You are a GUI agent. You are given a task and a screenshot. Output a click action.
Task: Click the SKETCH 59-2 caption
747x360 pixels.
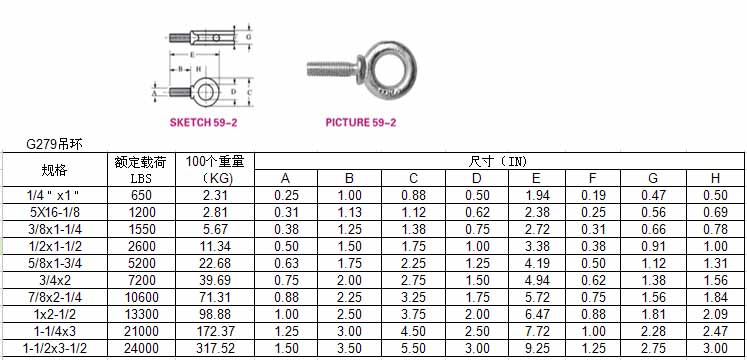click(x=203, y=122)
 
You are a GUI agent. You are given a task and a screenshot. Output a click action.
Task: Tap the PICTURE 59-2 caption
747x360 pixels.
click(x=361, y=122)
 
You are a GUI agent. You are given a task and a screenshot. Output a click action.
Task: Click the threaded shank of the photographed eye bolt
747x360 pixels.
click(x=330, y=70)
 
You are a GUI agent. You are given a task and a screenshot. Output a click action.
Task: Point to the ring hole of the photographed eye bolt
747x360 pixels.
click(x=392, y=69)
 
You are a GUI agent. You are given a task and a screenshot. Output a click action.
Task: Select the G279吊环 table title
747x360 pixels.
click(x=54, y=145)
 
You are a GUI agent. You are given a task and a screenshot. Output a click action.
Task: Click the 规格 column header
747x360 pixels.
click(x=54, y=170)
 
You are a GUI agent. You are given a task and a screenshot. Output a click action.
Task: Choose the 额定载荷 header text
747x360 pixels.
click(x=141, y=162)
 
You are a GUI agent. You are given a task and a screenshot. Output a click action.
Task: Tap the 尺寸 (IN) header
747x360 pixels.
click(x=498, y=161)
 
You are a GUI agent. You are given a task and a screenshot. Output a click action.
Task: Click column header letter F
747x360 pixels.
click(x=593, y=178)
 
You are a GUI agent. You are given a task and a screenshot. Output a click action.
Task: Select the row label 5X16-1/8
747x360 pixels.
click(x=54, y=212)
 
